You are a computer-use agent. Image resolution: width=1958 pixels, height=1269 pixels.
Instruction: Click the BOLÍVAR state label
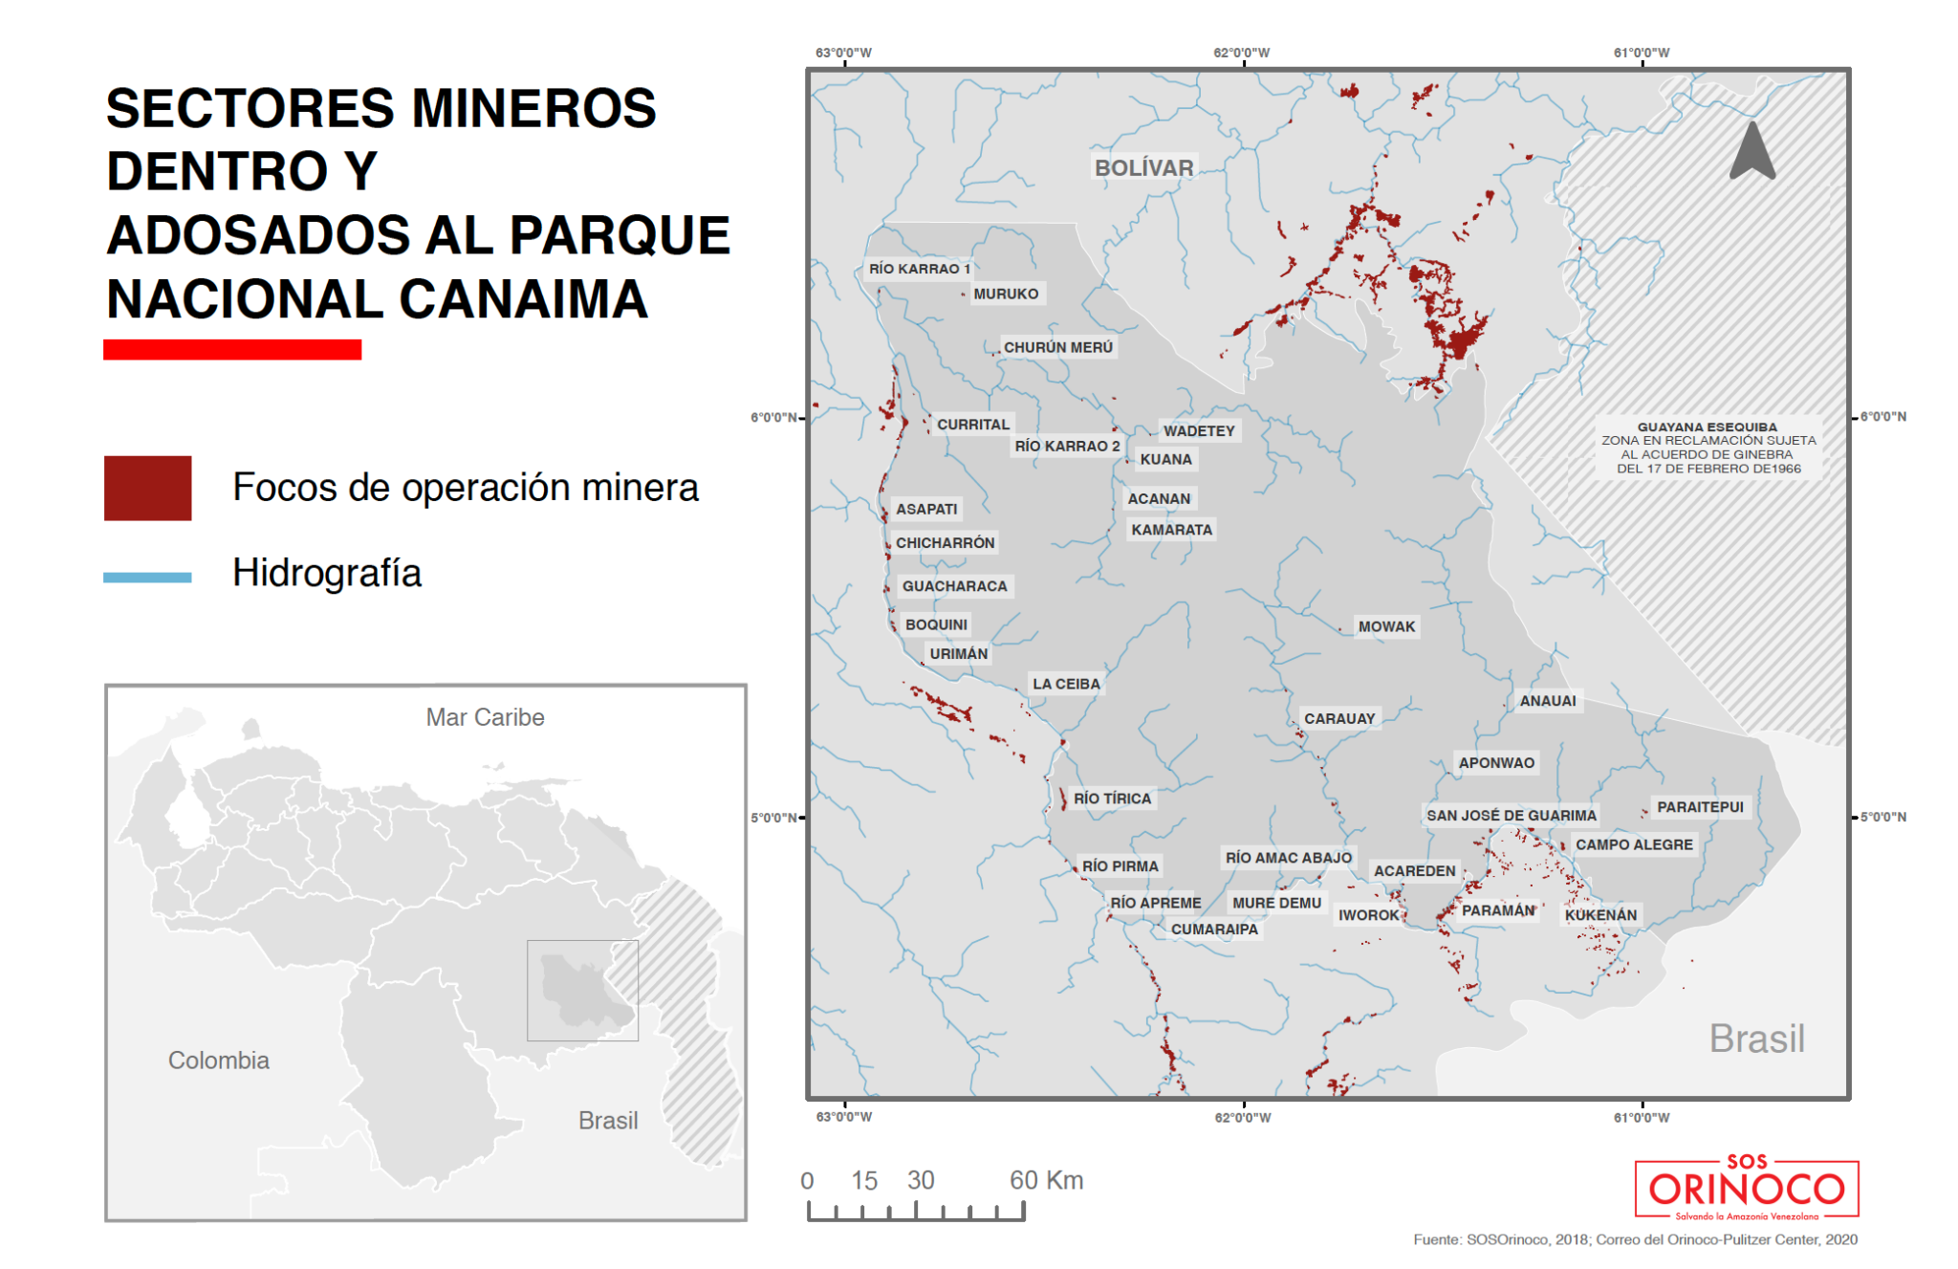click(1143, 168)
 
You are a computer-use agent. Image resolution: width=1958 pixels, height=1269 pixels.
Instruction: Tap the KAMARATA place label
click(1171, 530)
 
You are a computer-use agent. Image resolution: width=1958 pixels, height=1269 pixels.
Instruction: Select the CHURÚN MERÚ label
click(1057, 347)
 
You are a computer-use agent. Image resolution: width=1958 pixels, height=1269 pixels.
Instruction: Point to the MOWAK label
click(1386, 626)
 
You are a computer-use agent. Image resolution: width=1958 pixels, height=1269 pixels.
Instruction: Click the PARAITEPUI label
click(1700, 807)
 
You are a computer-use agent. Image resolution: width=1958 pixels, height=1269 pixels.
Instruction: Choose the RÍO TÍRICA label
click(1112, 799)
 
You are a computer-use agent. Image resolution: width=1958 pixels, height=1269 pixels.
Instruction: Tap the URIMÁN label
click(958, 654)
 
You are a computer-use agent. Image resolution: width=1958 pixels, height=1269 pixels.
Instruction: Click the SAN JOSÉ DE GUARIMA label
click(1511, 816)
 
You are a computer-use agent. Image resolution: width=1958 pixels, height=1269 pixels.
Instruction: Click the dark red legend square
click(147, 488)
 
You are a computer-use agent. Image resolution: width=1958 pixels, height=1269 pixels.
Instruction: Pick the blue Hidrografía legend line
click(147, 577)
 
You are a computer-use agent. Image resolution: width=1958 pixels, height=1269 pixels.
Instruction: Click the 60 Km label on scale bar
click(1046, 1180)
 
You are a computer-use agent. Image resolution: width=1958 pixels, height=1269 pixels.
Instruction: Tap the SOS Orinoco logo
click(1747, 1190)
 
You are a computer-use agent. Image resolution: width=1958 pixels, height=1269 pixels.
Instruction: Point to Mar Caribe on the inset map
click(485, 717)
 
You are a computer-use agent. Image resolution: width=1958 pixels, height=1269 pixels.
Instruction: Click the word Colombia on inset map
click(219, 1061)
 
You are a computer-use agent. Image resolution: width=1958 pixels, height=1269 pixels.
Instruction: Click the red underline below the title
click(232, 350)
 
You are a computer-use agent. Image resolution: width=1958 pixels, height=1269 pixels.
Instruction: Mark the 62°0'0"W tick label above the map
click(1241, 53)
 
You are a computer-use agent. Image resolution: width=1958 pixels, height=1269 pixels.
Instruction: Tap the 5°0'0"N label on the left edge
click(772, 818)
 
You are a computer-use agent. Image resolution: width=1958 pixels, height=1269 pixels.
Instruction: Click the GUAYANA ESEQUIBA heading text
click(1707, 427)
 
